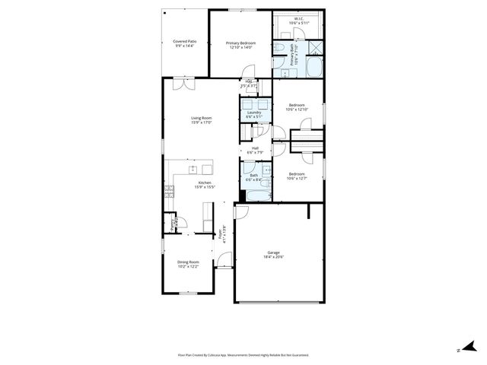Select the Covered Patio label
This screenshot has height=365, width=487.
click(x=183, y=41)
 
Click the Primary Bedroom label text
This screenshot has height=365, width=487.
click(x=240, y=43)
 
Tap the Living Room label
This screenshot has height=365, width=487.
click(x=201, y=118)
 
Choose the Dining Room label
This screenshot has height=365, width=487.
click(x=188, y=262)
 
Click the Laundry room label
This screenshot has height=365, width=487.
click(x=254, y=113)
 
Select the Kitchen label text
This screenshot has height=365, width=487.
click(x=204, y=182)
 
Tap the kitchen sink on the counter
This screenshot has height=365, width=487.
click(x=193, y=169)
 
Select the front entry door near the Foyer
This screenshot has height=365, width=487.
click(x=224, y=262)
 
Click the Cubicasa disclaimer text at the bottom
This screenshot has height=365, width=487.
click(x=243, y=354)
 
